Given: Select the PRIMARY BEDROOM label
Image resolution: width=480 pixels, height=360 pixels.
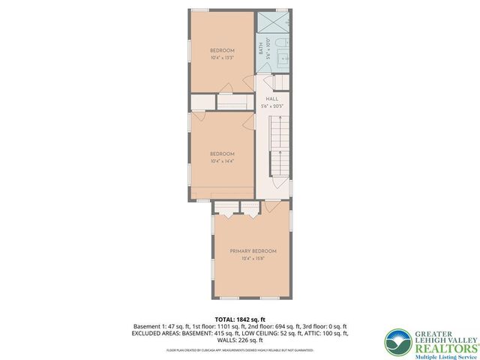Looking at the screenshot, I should click(253, 250).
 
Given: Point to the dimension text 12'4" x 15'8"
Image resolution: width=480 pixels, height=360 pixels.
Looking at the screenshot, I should click(253, 259).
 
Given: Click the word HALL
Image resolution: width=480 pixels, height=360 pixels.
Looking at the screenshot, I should click(272, 98).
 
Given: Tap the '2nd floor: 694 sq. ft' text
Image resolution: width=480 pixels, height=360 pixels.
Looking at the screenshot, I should click(259, 327).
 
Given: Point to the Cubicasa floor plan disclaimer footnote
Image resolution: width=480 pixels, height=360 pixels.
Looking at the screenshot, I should click(240, 349).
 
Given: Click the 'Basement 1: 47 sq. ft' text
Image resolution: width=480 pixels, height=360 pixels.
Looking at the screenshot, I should click(160, 327).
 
